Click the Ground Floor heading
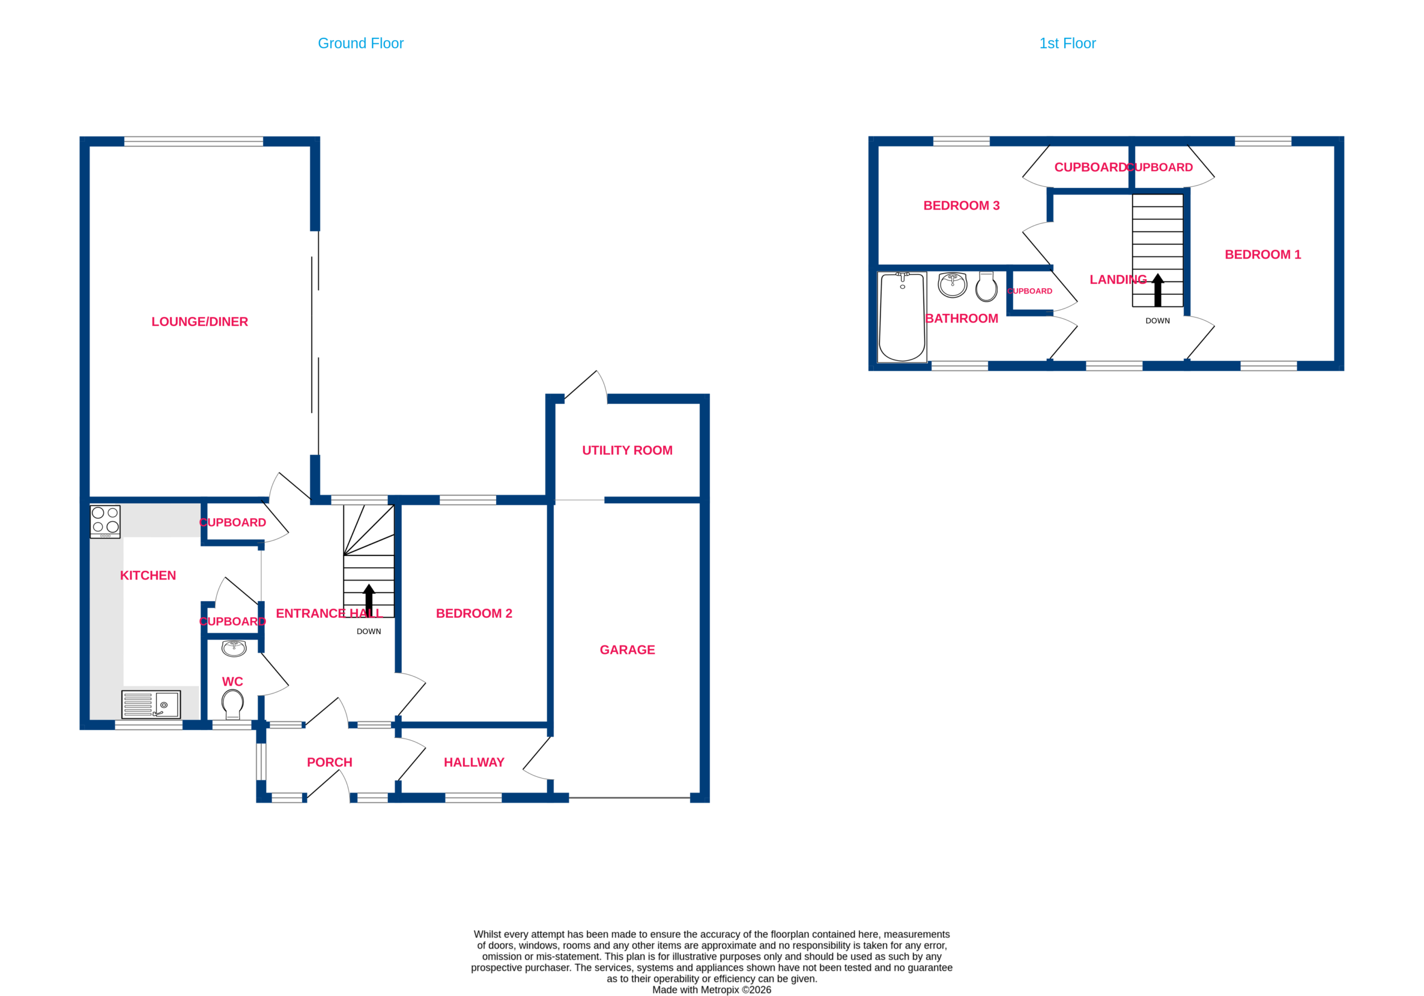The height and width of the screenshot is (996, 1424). point(360,43)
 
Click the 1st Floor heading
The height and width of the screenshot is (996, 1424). point(1067,43)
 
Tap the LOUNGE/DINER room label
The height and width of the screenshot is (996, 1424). point(200,322)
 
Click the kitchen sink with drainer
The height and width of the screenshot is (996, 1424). point(151,705)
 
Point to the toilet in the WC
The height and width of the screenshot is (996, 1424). point(233,705)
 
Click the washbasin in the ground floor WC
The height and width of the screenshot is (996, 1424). point(234,648)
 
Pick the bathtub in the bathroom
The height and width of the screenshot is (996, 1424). point(902,317)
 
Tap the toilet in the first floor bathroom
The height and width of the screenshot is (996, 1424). point(986,286)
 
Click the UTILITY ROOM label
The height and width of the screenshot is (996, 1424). point(627,450)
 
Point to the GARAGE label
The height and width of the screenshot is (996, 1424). point(627,650)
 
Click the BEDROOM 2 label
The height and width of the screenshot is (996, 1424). point(474,613)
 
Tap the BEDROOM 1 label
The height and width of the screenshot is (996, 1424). point(1263,254)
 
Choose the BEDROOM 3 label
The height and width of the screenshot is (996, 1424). point(961,205)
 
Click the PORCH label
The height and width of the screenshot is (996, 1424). point(329,762)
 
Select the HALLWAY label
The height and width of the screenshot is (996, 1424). point(474,762)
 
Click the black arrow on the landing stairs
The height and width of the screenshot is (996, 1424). point(1158,290)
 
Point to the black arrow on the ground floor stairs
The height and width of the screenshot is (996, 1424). point(369,601)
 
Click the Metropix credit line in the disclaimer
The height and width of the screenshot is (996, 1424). point(711,990)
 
